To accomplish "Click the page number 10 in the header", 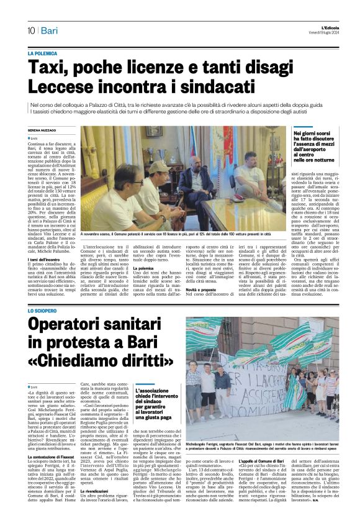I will (31, 30).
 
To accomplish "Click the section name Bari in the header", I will (49, 30).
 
